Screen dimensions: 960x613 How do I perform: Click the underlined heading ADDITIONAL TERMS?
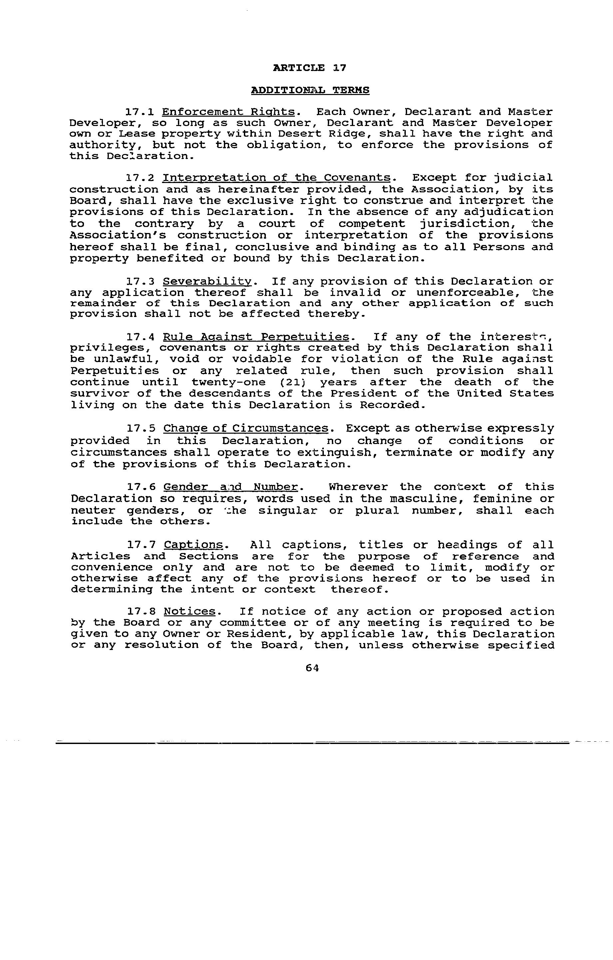pyautogui.click(x=310, y=90)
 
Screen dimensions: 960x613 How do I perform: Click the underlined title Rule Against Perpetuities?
pyautogui.click(x=256, y=337)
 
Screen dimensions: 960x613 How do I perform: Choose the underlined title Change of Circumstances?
pyautogui.click(x=246, y=429)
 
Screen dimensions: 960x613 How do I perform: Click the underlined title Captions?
pyautogui.click(x=194, y=545)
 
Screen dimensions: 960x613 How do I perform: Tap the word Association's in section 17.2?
pyautogui.click(x=118, y=235)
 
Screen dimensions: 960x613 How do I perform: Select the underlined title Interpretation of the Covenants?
pyautogui.click(x=277, y=178)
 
